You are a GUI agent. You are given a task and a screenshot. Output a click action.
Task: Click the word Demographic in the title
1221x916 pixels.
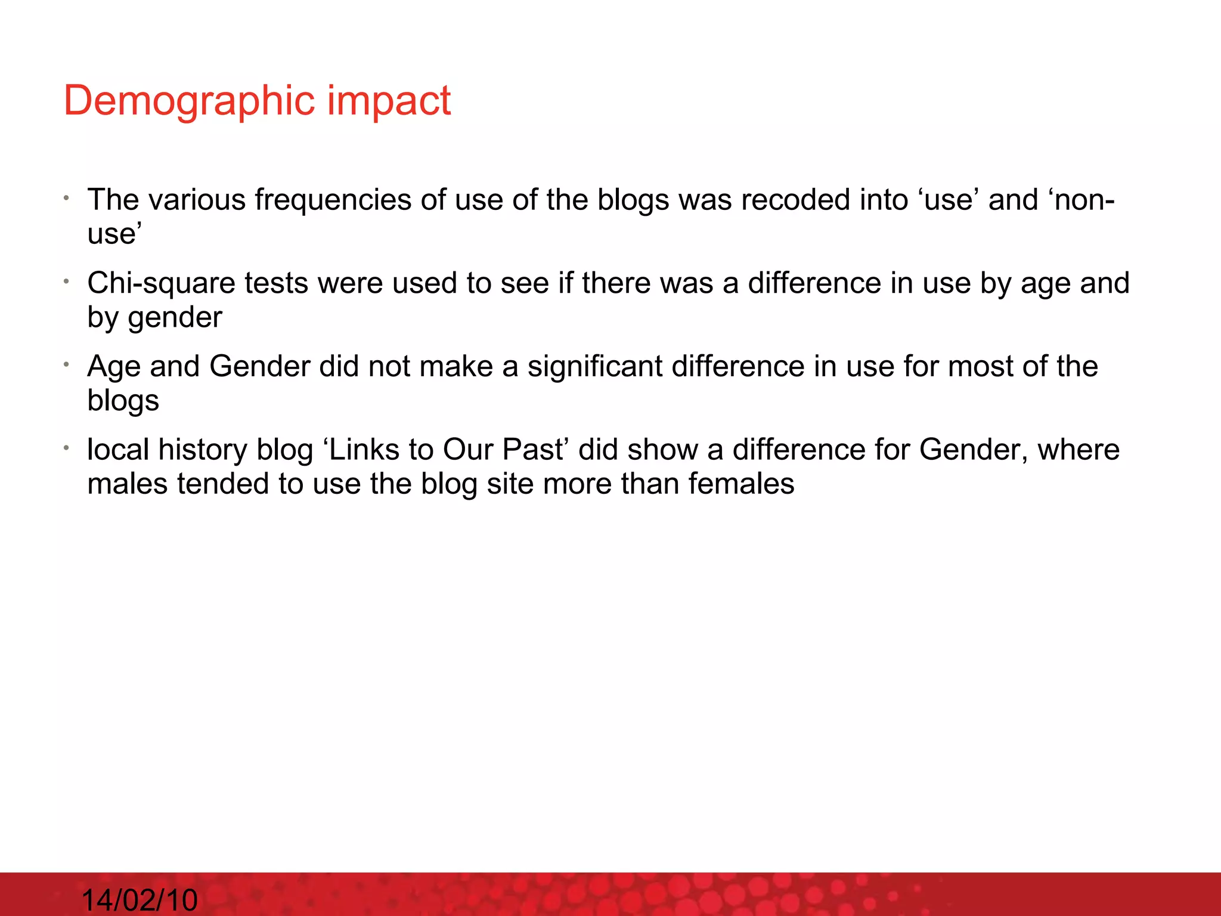pyautogui.click(x=189, y=101)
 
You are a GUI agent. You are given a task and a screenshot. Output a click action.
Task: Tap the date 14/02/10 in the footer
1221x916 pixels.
pyautogui.click(x=139, y=899)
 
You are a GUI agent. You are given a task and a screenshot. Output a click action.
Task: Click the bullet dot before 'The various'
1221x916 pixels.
pyautogui.click(x=68, y=197)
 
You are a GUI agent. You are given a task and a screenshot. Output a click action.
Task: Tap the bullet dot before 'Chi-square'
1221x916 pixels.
pyautogui.click(x=68, y=281)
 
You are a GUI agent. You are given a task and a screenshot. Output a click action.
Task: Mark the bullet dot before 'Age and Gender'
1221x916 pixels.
pyautogui.click(x=68, y=364)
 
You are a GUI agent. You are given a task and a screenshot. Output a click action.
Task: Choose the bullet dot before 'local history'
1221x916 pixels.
pyautogui.click(x=68, y=447)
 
